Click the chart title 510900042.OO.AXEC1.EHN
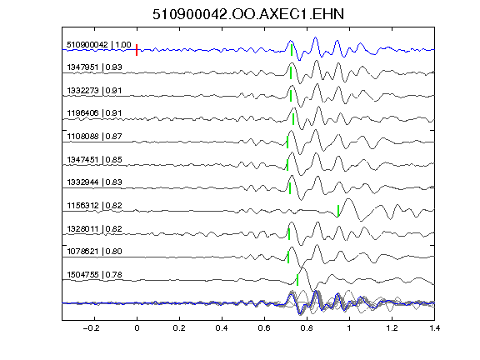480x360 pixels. click(x=248, y=14)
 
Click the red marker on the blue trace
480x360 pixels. click(x=137, y=50)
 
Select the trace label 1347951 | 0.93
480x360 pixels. click(x=95, y=67)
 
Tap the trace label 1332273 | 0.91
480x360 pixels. click(x=94, y=91)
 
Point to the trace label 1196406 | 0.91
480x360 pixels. click(x=94, y=113)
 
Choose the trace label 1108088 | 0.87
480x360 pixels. click(x=95, y=136)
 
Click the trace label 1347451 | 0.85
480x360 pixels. click(x=95, y=159)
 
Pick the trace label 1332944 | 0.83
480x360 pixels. click(x=95, y=182)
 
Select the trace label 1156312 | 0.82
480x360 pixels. click(x=95, y=205)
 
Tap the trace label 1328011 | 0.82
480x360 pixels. click(x=95, y=228)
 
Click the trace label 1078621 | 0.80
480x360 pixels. click(x=95, y=252)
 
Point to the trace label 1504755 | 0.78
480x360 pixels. click(x=95, y=275)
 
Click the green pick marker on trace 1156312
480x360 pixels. click(x=338, y=211)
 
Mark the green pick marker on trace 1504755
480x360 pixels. click(x=297, y=280)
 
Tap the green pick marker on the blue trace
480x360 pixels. click(x=292, y=50)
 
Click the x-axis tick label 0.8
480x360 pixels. click(x=307, y=328)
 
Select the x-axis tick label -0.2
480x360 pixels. click(x=92, y=328)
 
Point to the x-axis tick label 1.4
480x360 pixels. click(x=435, y=328)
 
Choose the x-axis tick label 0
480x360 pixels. click(x=137, y=328)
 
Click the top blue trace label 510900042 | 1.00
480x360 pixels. click(x=99, y=45)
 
